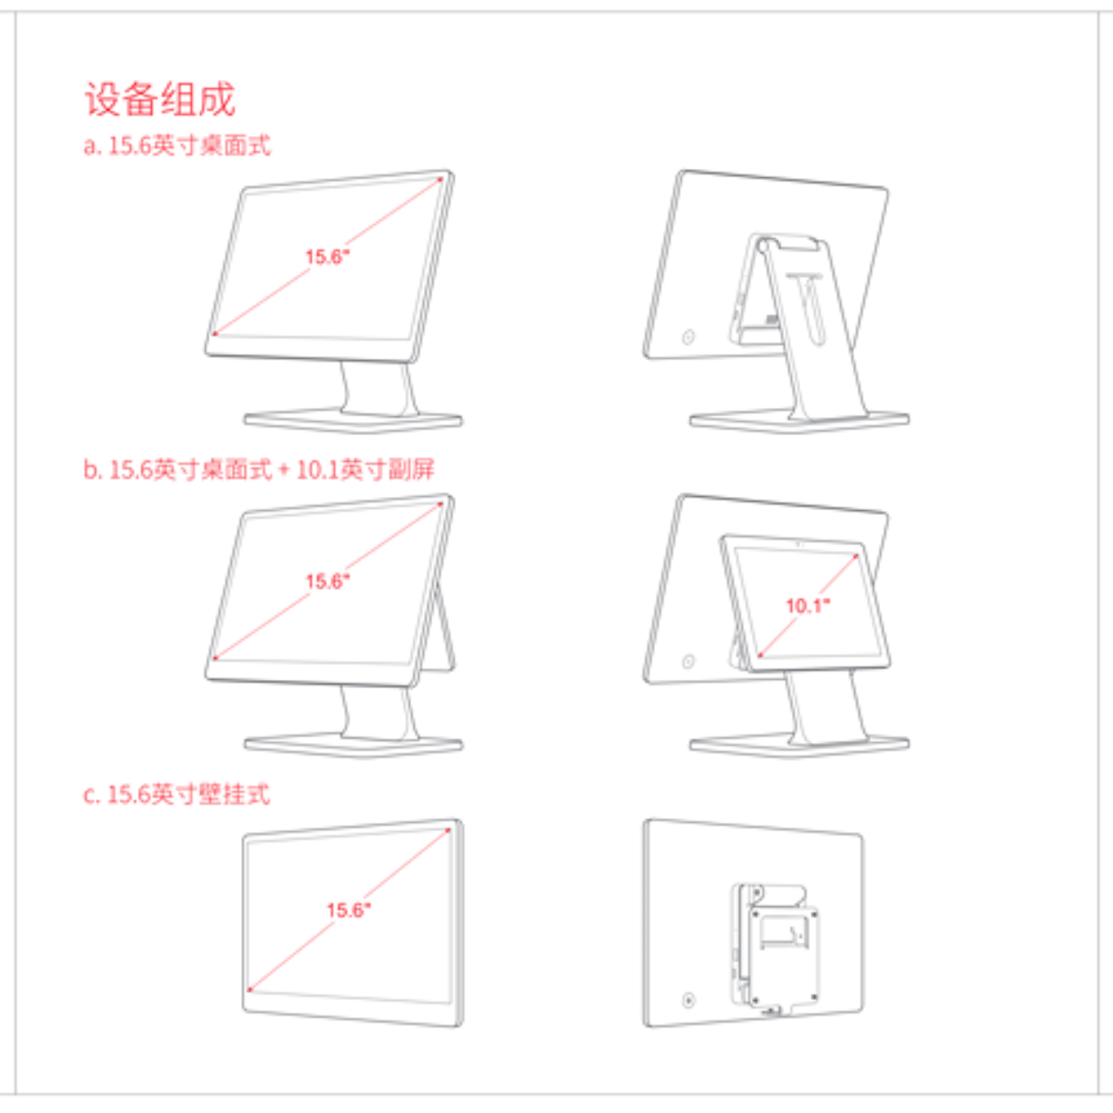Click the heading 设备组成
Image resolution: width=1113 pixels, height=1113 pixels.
160,99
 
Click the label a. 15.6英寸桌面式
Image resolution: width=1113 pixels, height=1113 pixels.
177,146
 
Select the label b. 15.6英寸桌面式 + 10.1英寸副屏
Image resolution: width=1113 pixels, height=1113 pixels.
259,469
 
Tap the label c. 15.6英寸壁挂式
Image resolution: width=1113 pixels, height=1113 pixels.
176,795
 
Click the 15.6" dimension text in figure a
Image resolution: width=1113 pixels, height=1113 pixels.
327,256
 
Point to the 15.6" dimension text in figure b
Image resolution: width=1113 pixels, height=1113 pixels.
327,581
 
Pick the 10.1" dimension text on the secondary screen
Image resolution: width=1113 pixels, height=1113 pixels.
808,606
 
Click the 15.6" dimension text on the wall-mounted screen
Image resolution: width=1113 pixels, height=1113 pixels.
349,910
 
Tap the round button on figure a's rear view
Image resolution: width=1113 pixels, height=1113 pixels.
688,337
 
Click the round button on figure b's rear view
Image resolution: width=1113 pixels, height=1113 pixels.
688,661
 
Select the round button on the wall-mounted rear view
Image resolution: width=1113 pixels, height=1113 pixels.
688,1001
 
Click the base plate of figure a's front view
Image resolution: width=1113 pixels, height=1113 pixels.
352,421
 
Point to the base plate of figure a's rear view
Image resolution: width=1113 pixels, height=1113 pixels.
800,421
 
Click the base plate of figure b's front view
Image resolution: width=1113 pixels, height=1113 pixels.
352,746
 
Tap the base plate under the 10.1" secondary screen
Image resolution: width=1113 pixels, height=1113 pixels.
800,746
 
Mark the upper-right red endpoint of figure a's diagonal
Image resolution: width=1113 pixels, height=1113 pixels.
441,180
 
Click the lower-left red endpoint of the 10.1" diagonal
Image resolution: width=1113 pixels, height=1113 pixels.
761,655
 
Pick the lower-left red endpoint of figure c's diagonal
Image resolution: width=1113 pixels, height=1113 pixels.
249,990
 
